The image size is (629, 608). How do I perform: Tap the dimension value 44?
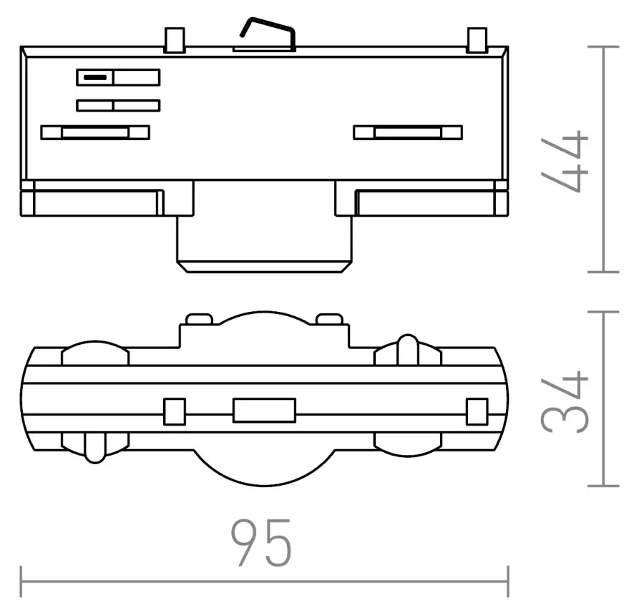pyautogui.click(x=565, y=161)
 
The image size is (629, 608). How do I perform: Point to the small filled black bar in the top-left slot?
pyautogui.click(x=94, y=77)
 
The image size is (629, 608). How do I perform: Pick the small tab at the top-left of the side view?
pyautogui.click(x=173, y=40)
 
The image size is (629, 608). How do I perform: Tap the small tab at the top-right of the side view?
pyautogui.click(x=476, y=40)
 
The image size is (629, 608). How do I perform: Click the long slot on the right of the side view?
pyautogui.click(x=408, y=132)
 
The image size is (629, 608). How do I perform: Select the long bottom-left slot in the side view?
pyautogui.click(x=95, y=132)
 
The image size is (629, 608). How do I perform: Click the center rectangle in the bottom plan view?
pyautogui.click(x=264, y=411)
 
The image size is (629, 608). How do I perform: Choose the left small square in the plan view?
pyautogui.click(x=175, y=411)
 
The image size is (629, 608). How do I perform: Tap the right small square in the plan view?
pyautogui.click(x=476, y=411)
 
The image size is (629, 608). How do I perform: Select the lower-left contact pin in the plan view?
pyautogui.click(x=93, y=447)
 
